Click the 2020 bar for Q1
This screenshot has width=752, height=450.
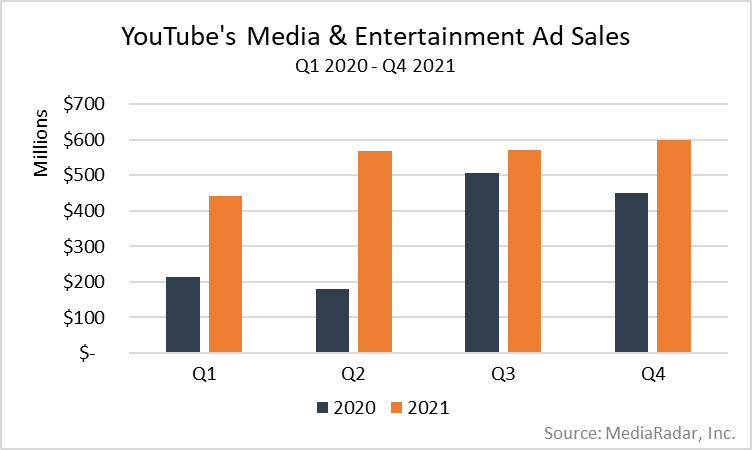183,315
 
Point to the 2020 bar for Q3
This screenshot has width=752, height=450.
482,263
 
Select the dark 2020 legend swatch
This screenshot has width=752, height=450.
322,407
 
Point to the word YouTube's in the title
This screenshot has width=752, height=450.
178,38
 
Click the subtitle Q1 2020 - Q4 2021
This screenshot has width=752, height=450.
376,68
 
